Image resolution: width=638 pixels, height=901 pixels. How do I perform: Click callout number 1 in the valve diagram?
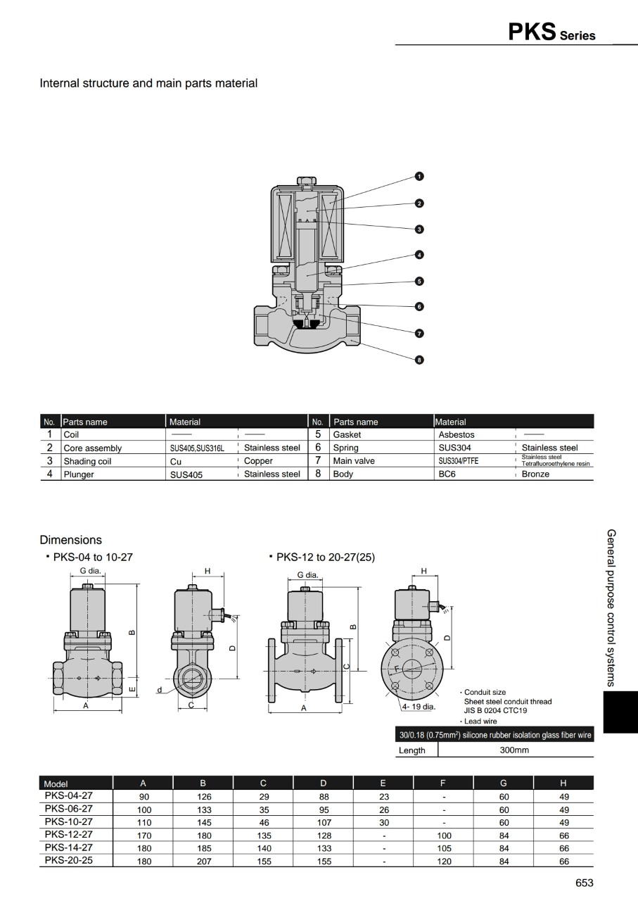[x=419, y=177]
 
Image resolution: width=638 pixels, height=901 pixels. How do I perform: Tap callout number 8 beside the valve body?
[x=419, y=360]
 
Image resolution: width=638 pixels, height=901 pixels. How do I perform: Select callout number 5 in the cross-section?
[x=419, y=281]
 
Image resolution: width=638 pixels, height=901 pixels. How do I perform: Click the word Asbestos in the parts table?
[x=457, y=435]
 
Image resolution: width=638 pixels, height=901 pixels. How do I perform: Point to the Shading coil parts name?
[x=87, y=462]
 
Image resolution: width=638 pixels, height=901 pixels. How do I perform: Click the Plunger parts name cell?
[x=79, y=474]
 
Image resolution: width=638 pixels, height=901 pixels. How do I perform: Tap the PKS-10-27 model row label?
[x=68, y=821]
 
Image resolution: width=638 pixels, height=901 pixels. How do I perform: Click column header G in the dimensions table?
[x=503, y=783]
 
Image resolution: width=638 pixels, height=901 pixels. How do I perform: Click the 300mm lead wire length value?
[x=514, y=750]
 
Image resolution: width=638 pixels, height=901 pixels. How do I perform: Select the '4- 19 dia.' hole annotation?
[x=419, y=706]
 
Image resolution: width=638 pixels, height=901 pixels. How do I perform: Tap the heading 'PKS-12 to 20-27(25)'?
[x=325, y=557]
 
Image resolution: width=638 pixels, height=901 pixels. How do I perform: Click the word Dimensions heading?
[x=70, y=540]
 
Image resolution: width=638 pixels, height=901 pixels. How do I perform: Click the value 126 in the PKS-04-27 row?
[x=203, y=796]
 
